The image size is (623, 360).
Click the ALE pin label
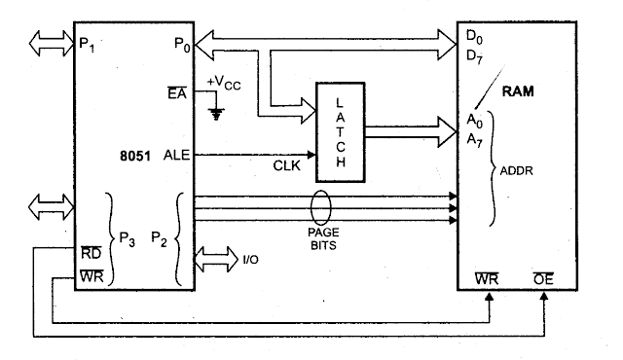pos(176,155)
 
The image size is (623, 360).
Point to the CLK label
pos(286,167)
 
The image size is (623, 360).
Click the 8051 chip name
pos(133,155)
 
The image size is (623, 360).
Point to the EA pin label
pos(176,92)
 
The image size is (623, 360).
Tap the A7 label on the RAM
pos(475,140)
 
